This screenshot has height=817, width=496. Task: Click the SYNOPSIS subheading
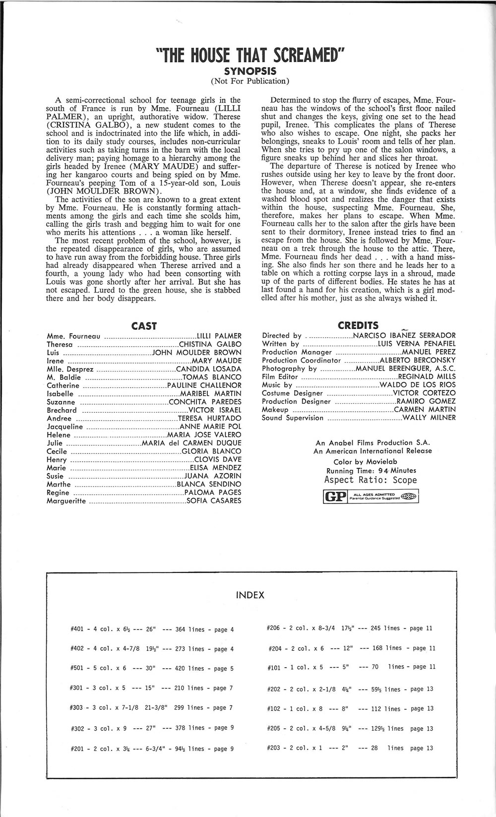(x=250, y=71)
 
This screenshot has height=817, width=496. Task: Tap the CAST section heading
(x=144, y=326)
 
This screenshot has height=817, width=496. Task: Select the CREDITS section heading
(x=358, y=325)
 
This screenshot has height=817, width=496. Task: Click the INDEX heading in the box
(x=250, y=595)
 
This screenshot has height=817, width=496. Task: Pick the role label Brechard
(x=62, y=410)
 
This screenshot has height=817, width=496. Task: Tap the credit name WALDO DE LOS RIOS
(x=417, y=385)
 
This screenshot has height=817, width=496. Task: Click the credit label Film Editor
(x=280, y=377)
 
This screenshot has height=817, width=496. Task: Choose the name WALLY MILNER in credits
(x=429, y=418)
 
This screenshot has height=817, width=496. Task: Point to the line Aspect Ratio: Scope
(x=370, y=480)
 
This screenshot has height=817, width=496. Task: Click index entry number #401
(x=77, y=630)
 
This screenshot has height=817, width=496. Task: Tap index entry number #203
(x=275, y=748)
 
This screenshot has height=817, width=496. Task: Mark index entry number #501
(x=77, y=669)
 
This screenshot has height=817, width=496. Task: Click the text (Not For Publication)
(x=250, y=81)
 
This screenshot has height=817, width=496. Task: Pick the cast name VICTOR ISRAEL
(x=215, y=410)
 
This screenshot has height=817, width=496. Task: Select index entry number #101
(x=275, y=667)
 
